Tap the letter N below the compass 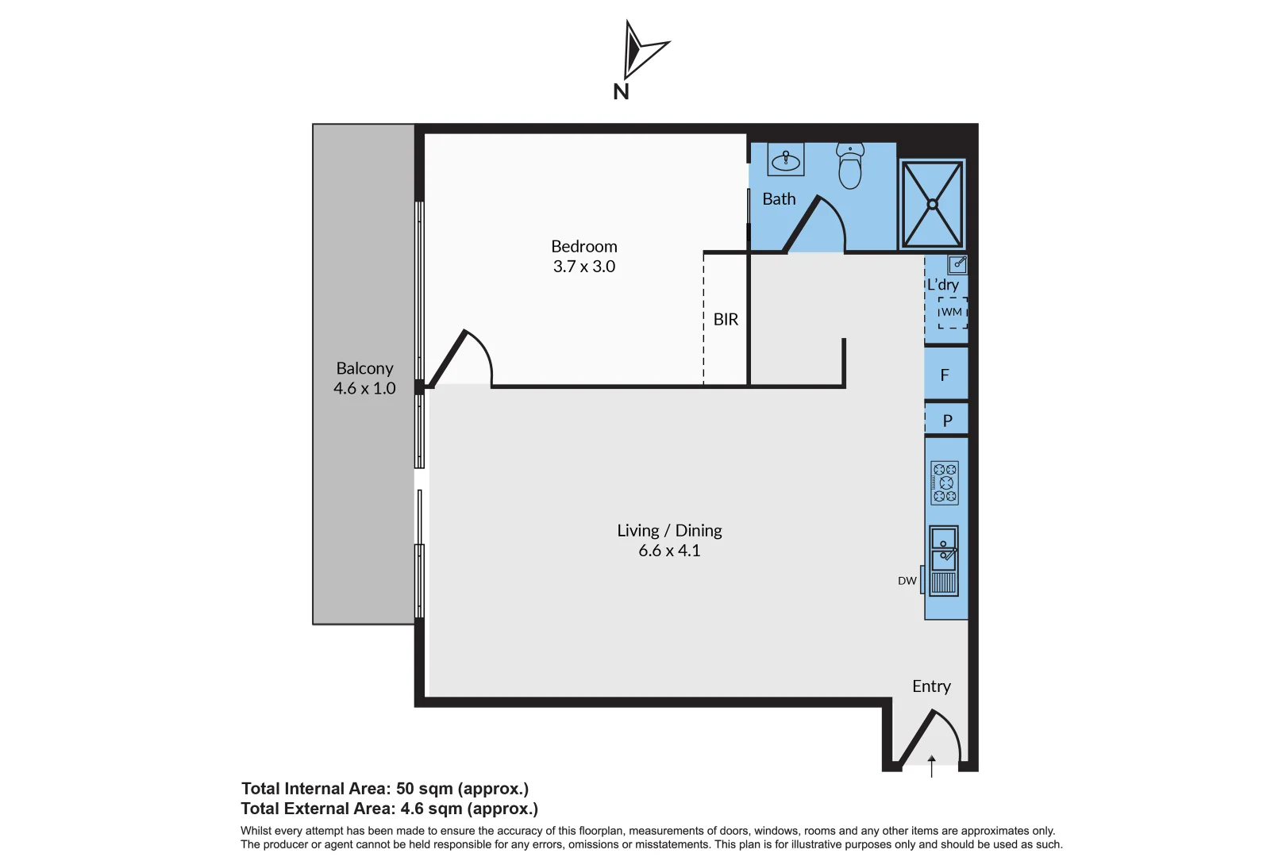(x=621, y=92)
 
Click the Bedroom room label (x=584, y=247)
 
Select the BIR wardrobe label (x=726, y=320)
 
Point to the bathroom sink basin (x=786, y=161)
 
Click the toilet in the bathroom (x=850, y=167)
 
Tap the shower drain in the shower (x=933, y=205)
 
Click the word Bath (x=779, y=199)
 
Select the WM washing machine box (x=952, y=313)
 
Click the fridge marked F (x=945, y=375)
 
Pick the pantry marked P (x=947, y=421)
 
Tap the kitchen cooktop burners (x=945, y=482)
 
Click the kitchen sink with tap (x=944, y=549)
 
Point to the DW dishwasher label (x=907, y=581)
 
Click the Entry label (x=931, y=686)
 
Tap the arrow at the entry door (x=932, y=765)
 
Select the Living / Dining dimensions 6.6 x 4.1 (x=669, y=551)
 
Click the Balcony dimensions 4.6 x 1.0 (x=364, y=389)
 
